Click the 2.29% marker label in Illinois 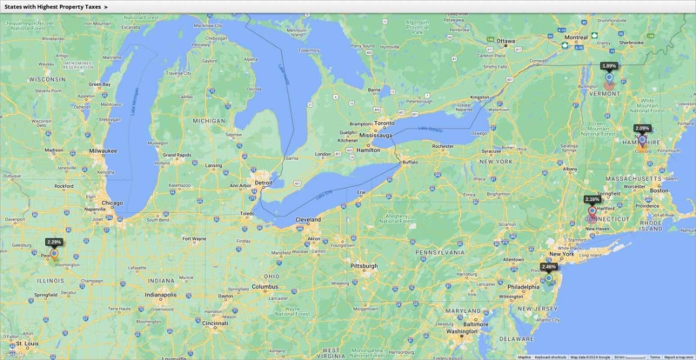pos(54,242)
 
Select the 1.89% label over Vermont pos(609,65)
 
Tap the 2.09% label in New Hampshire pos(642,128)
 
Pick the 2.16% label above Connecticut pos(592,199)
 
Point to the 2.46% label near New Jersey pos(549,266)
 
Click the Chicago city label pos(111,203)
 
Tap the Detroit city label pos(263,183)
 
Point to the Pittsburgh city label pos(364,265)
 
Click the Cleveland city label pos(308,220)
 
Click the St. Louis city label pos(31,343)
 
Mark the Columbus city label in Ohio pos(264,286)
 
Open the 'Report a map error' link pos(679,357)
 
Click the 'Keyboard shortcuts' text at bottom pos(551,357)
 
